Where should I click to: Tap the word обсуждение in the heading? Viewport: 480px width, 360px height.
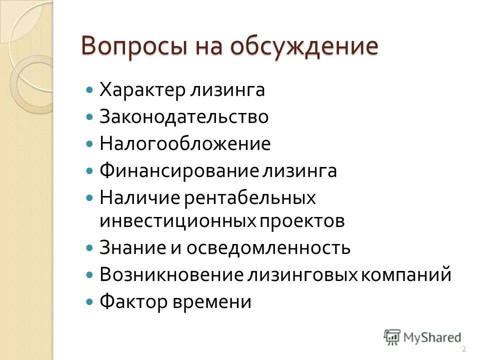pyautogui.click(x=304, y=47)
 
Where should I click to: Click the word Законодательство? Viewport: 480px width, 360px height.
pyautogui.click(x=184, y=117)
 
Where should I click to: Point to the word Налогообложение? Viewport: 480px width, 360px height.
pyautogui.click(x=185, y=144)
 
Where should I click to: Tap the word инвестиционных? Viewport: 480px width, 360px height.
pyautogui.click(x=177, y=221)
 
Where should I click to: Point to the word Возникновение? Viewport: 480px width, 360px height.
pyautogui.click(x=171, y=275)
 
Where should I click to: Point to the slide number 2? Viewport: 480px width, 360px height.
pyautogui.click(x=464, y=349)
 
